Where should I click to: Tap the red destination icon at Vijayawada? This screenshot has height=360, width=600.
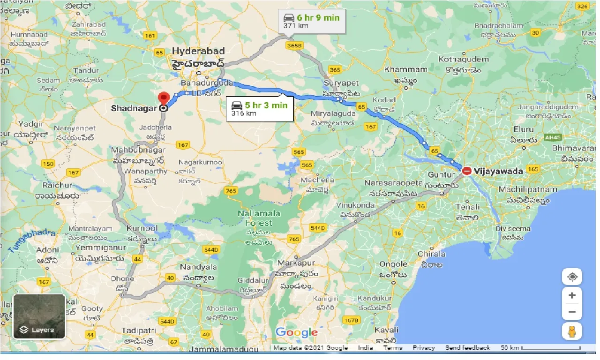[x=467, y=171]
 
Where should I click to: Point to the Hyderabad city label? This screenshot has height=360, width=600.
[x=198, y=51]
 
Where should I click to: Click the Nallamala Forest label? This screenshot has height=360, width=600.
[x=258, y=218]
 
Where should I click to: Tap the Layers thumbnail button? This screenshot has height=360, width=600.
[x=39, y=316]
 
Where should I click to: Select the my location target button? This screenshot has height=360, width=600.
[x=572, y=277]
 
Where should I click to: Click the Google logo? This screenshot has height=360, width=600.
[x=296, y=333]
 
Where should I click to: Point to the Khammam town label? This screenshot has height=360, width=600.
[x=405, y=69]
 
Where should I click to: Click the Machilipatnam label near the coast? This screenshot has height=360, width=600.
[x=527, y=189]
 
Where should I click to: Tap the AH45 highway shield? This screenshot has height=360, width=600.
[x=553, y=137]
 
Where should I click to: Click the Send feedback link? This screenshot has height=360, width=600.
[x=467, y=348]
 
